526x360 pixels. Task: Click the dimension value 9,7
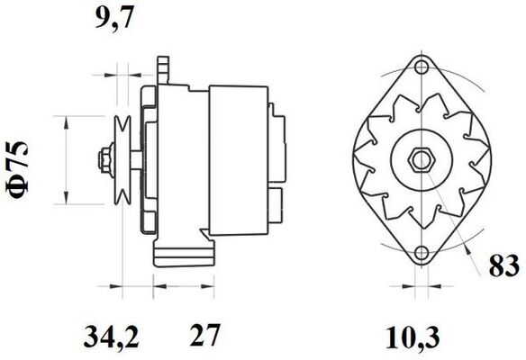[114, 18]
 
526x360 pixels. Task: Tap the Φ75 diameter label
[17, 167]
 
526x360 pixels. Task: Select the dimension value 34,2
[111, 336]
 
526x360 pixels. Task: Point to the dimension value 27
[205, 335]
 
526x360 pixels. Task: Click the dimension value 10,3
[413, 337]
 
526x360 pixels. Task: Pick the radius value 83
[503, 265]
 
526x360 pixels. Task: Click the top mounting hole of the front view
[421, 67]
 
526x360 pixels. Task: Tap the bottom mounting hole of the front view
[422, 252]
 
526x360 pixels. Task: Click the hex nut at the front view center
[421, 160]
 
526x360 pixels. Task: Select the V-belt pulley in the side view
[122, 160]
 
